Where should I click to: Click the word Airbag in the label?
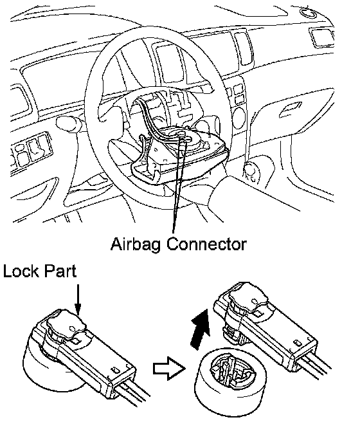coord(136,244)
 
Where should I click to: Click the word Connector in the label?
coord(207,244)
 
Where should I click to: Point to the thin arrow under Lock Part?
coord(78,300)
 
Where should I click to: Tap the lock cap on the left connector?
coord(66,324)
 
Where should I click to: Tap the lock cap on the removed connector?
coord(248,298)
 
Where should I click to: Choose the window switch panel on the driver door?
coord(30,151)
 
